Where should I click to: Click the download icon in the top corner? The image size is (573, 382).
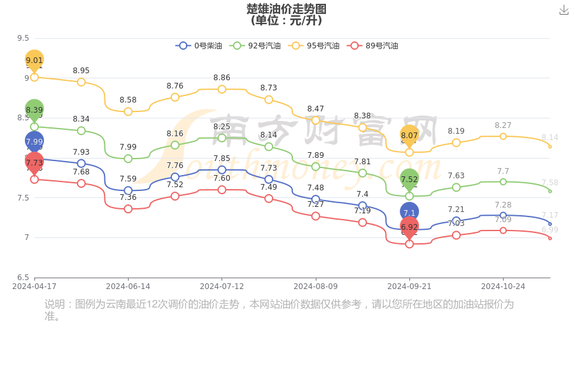563,10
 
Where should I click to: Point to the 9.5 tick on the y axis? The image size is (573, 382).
23,38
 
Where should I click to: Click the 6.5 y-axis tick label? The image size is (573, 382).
23,278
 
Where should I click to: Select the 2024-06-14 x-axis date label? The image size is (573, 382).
128,286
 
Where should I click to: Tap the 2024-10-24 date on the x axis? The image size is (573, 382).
503,286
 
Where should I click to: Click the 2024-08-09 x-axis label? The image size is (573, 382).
316,286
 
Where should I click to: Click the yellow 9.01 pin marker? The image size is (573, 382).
34,60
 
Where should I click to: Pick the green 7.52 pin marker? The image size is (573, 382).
409,179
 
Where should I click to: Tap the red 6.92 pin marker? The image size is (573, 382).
409,227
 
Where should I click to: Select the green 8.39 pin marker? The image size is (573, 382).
34,110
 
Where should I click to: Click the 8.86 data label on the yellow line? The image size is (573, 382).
222,78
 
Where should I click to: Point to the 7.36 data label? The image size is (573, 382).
128,197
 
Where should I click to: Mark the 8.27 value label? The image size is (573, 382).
503,125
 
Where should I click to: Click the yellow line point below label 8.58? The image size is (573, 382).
128,111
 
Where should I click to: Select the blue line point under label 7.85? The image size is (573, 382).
222,170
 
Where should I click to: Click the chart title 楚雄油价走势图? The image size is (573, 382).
286,9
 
